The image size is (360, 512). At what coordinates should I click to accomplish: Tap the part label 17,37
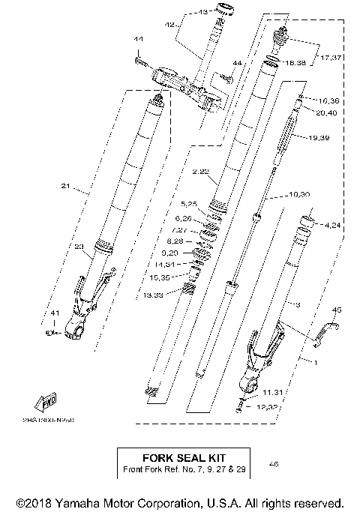tap(332, 57)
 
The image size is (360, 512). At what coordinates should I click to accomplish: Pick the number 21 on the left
tap(64, 186)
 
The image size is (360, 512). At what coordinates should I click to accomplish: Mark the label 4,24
tap(334, 224)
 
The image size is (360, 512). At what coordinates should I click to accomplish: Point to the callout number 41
tap(54, 313)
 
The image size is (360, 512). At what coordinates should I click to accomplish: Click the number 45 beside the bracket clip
tap(337, 310)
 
